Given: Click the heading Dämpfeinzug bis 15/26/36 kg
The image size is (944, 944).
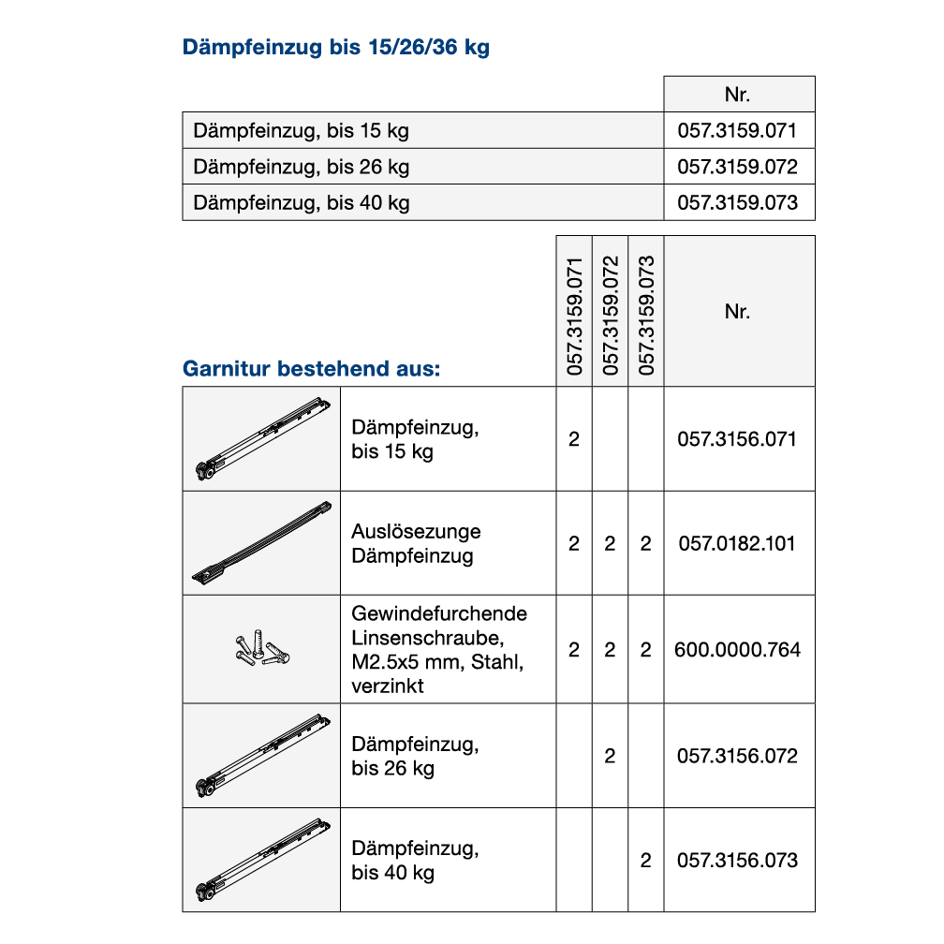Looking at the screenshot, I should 336,48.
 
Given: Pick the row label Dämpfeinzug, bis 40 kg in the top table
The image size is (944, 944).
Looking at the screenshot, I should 302,202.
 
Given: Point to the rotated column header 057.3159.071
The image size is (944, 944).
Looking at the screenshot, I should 574,316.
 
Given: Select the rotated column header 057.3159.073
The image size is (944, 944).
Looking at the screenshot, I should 645,316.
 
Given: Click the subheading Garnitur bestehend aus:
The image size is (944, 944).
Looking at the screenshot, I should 311,368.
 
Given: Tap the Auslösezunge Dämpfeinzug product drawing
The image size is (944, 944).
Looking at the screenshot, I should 261,543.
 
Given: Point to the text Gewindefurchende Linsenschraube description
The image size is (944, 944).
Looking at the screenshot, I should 439,649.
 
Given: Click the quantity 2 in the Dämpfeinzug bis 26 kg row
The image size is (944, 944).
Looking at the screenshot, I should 610,756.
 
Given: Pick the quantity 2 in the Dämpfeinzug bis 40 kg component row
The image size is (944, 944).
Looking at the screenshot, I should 645,860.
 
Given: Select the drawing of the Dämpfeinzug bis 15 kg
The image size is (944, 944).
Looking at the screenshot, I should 261,439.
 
